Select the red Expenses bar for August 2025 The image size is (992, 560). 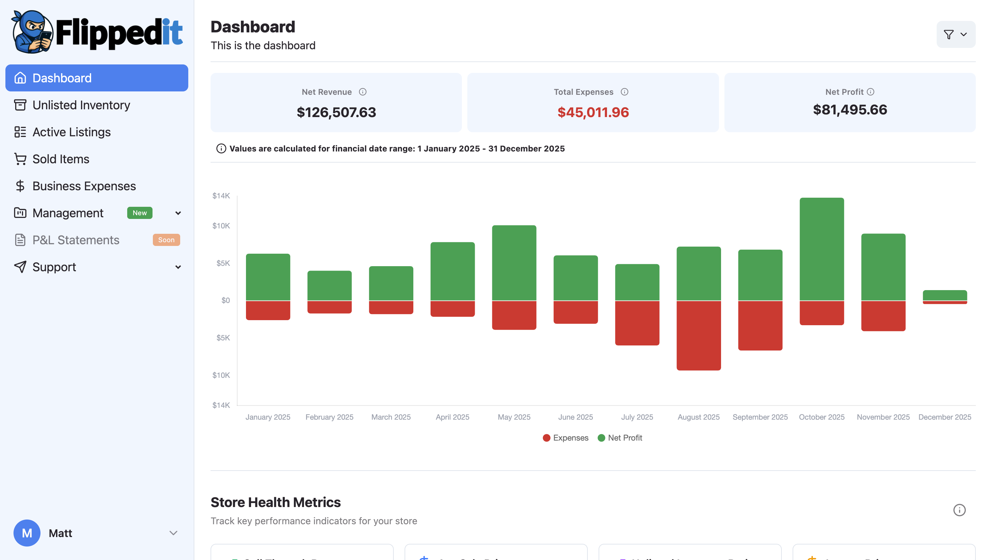[698, 335]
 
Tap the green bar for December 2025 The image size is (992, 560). [945, 295]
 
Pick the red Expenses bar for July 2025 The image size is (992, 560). [637, 323]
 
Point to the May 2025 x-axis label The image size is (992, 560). [514, 417]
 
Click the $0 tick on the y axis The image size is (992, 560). [225, 301]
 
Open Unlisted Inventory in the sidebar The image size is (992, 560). [81, 105]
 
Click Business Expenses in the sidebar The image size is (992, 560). [84, 186]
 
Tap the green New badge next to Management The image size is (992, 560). [139, 213]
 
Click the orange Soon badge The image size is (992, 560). [166, 240]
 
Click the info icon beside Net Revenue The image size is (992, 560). [362, 92]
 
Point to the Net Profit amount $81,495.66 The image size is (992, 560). [850, 109]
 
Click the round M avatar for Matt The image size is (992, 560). [27, 533]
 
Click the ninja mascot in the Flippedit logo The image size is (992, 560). [32, 32]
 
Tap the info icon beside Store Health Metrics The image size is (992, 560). [959, 510]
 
